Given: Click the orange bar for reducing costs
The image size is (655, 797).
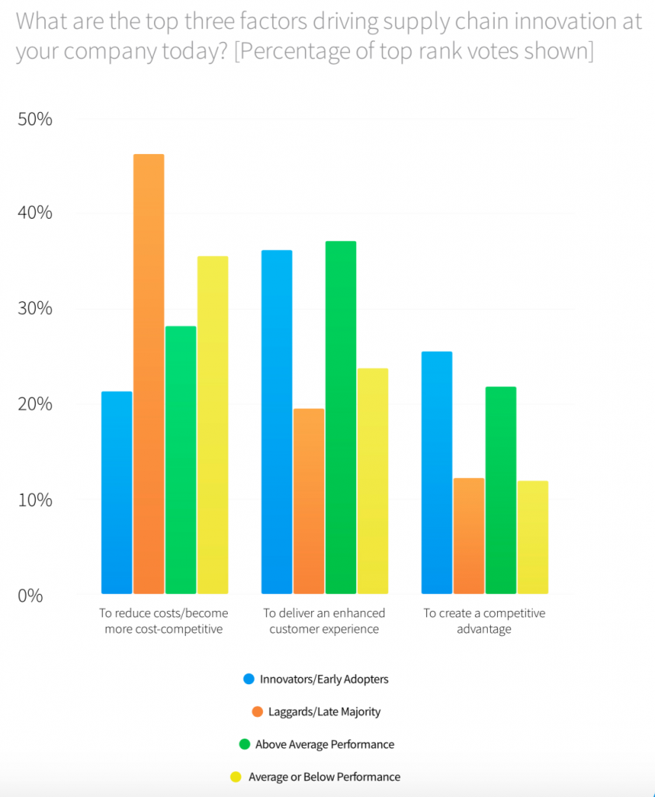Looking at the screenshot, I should coord(149,374).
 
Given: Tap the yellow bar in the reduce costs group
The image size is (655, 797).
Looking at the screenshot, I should coord(212,424).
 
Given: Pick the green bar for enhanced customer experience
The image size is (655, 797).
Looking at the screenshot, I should coord(341,417).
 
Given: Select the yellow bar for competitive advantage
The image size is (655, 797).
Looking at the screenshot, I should coord(533,537).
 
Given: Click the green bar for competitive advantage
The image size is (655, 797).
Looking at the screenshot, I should coord(501,490).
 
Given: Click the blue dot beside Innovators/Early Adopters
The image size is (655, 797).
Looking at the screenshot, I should coord(249,679).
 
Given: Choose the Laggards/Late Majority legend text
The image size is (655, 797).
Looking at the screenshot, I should coord(324,711).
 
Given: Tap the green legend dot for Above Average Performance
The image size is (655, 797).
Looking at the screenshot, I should coord(243,744).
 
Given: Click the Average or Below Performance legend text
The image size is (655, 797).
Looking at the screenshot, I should coord(324,777).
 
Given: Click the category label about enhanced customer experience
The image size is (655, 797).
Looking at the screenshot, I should coord(324,621).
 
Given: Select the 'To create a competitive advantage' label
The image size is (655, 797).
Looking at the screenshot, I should coord(484,621).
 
